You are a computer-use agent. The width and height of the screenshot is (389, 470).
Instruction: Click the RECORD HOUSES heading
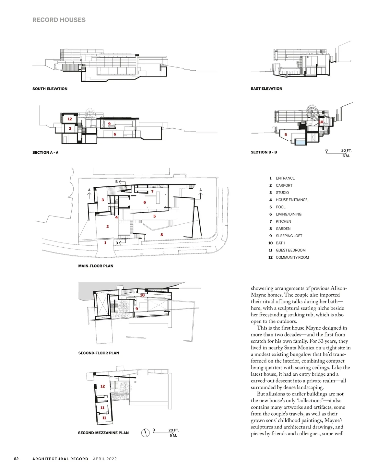(59, 20)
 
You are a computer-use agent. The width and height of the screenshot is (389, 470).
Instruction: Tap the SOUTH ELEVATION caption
(50, 88)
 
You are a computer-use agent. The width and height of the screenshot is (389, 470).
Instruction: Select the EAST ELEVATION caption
(266, 88)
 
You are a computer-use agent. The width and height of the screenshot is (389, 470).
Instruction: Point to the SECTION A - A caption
(45, 152)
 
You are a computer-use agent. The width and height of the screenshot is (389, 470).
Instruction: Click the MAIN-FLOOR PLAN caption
(96, 266)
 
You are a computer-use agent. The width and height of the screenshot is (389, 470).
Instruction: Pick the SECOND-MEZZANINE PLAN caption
(103, 433)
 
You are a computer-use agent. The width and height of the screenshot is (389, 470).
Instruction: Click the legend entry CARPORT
(284, 185)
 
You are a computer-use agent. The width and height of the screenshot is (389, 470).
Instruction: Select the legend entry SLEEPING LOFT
(289, 236)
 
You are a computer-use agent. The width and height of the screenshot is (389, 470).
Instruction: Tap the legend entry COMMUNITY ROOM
(292, 257)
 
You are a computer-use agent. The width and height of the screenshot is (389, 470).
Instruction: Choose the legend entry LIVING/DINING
(289, 214)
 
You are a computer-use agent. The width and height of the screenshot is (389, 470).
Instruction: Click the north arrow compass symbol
(146, 432)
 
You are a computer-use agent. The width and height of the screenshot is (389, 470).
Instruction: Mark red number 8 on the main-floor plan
(162, 235)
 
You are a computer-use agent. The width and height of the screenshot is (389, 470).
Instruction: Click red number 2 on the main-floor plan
(108, 227)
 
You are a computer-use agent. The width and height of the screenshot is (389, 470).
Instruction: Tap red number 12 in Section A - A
(70, 119)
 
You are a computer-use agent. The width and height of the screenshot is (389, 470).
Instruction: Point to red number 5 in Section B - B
(286, 135)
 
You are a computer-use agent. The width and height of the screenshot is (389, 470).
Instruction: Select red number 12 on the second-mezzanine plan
(102, 386)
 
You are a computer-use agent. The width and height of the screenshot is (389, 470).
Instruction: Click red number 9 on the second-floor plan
(137, 309)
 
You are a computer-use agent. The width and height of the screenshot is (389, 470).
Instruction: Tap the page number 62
(16, 459)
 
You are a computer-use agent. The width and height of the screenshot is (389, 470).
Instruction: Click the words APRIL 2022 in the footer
(105, 459)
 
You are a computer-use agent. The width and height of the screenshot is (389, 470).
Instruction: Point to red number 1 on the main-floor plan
(105, 242)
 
